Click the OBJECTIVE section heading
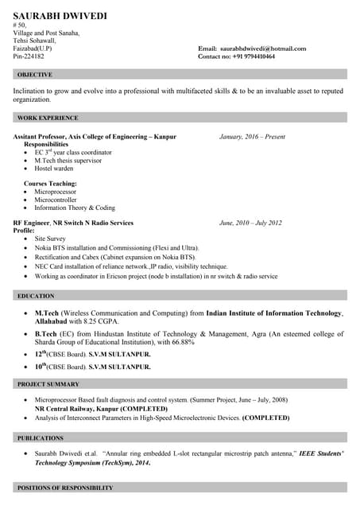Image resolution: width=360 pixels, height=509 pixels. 34,75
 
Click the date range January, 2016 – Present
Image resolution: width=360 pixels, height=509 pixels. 252,137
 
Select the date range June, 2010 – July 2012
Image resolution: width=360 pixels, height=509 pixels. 250,223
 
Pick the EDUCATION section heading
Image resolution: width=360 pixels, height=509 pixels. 36,296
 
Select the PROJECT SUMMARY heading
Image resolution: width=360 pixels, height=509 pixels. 48,384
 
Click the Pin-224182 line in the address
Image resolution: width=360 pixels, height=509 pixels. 29,57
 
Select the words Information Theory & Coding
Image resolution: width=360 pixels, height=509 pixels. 74,208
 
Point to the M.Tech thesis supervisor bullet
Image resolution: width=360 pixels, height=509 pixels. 68,161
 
